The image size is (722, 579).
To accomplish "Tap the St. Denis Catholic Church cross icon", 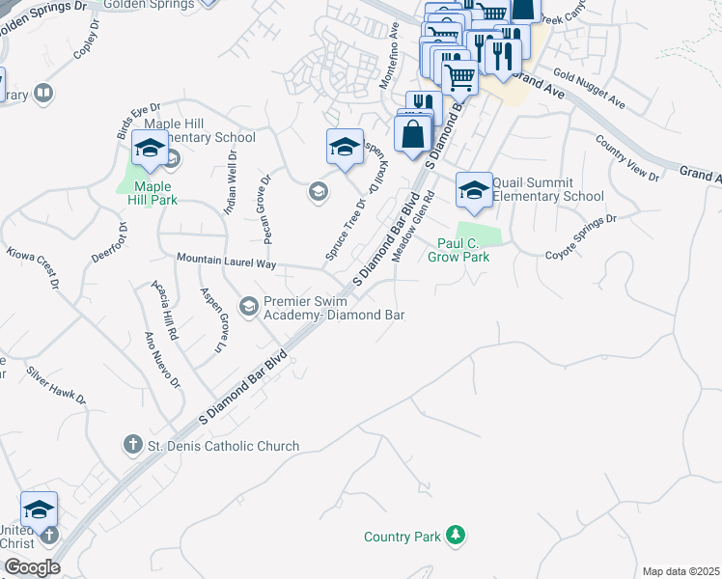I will tap(132, 446).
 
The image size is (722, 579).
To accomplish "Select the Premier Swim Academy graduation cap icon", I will tap(248, 307).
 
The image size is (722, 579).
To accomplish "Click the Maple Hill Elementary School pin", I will tap(150, 150).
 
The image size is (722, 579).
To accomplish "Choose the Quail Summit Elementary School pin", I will tap(474, 190).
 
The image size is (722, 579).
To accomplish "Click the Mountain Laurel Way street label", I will tap(227, 262).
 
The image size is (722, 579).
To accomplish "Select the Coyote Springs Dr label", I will tap(580, 237).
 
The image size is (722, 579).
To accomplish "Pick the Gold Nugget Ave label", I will tap(590, 90).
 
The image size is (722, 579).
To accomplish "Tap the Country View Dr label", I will tap(627, 159).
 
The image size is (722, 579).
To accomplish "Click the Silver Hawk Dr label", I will tap(56, 385).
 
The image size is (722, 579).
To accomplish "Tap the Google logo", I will tap(31, 567).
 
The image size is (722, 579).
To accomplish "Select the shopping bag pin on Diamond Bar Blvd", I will tap(413, 135).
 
